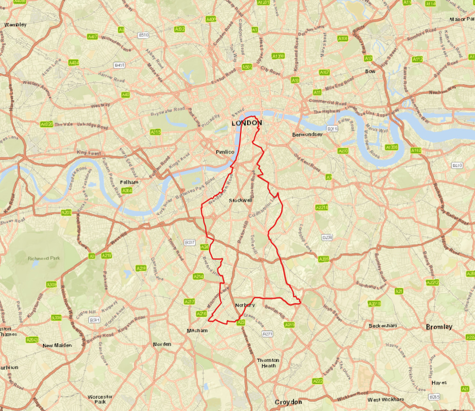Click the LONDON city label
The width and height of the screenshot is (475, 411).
click(x=247, y=123)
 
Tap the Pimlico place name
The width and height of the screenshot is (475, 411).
click(x=225, y=151)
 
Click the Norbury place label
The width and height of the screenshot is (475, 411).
click(x=245, y=305)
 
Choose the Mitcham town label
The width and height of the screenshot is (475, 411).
click(x=198, y=331)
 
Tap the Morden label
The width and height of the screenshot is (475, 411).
click(x=162, y=344)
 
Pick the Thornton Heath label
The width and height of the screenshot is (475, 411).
click(x=268, y=363)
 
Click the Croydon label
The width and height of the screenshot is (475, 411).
click(x=288, y=402)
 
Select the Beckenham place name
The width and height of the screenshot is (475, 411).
click(x=383, y=326)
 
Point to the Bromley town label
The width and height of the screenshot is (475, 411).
click(x=439, y=327)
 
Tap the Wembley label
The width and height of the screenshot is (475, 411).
click(x=15, y=25)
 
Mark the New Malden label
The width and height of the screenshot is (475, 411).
click(x=57, y=346)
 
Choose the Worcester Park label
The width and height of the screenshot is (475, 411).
click(x=100, y=399)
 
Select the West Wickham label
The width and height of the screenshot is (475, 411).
click(x=385, y=399)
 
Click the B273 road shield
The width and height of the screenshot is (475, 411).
click(x=268, y=334)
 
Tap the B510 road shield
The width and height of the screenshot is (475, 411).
click(x=144, y=35)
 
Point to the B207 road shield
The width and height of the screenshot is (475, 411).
click(x=189, y=243)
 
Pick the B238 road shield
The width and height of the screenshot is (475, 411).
click(x=327, y=237)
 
